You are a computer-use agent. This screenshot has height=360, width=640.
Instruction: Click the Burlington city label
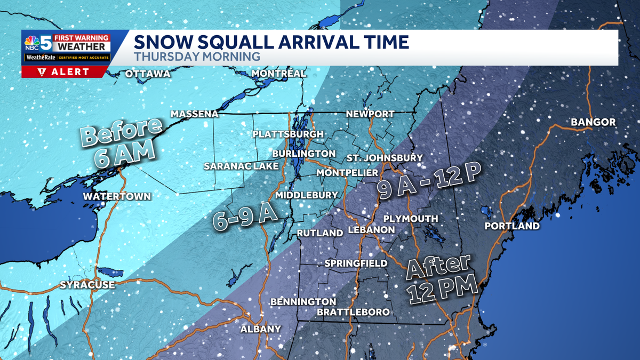coord(303,154)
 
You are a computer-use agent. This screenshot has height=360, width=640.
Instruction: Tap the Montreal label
coord(278,73)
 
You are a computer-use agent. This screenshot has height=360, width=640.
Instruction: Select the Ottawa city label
coord(148,74)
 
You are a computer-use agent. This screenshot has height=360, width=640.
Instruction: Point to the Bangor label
coord(593,123)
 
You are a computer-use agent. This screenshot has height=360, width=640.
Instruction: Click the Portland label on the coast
coord(512,226)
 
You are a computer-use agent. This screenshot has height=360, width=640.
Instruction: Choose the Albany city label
coord(260,329)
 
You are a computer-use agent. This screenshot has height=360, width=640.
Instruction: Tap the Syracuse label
coord(87,285)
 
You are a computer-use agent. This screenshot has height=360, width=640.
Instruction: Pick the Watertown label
coord(117,196)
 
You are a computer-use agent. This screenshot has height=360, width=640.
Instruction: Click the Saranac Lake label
coord(241,166)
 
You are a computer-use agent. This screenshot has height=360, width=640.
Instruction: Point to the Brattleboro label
coord(353,312)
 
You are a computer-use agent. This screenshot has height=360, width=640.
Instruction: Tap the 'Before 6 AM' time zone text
coord(122,142)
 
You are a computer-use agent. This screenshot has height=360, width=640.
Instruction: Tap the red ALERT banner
coord(65,72)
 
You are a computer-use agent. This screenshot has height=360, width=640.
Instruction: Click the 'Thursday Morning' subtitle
coord(197,56)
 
